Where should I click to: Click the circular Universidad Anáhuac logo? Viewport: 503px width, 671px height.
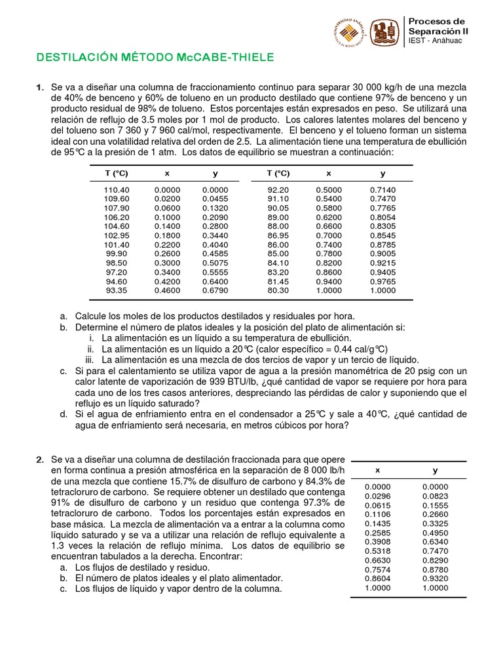pyautogui.click(x=350, y=32)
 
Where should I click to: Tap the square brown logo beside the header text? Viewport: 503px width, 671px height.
pyautogui.click(x=384, y=32)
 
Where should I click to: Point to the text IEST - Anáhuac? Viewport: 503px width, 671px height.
pyautogui.click(x=435, y=41)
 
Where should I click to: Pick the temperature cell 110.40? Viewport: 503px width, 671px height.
pyautogui.click(x=117, y=190)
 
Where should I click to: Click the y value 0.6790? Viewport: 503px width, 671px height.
pyautogui.click(x=215, y=290)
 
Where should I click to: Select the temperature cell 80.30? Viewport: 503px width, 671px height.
pyautogui.click(x=278, y=290)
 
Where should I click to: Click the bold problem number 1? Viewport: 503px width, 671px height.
pyautogui.click(x=39, y=87)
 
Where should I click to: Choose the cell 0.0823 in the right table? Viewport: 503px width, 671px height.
pyautogui.click(x=435, y=497)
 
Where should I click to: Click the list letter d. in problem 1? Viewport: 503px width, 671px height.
pyautogui.click(x=64, y=414)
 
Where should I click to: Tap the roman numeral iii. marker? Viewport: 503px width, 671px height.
pyautogui.click(x=91, y=360)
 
